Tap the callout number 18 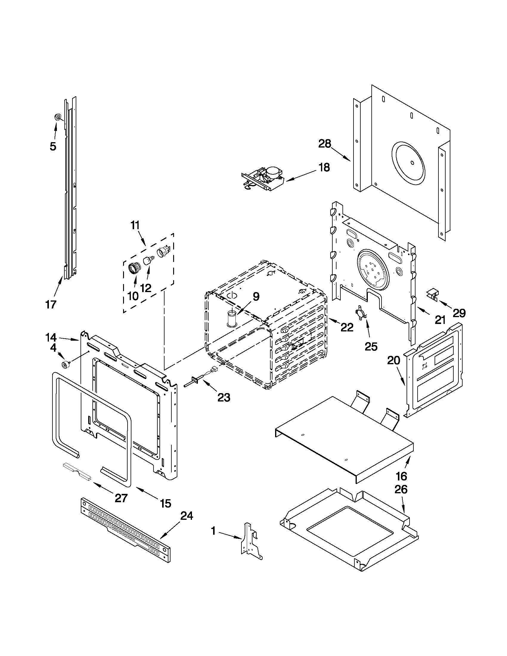coord(324,167)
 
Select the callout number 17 coord(51,304)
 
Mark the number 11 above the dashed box coord(135,225)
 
